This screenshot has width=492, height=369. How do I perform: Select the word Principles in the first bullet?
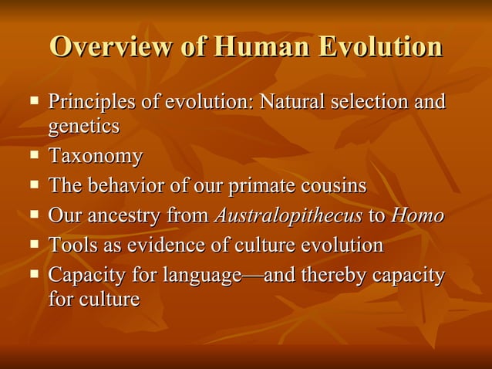(x=86, y=102)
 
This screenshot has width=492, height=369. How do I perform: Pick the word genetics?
(x=84, y=125)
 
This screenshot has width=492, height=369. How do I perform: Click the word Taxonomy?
(x=96, y=157)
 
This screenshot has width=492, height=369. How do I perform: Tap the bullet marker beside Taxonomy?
(x=34, y=155)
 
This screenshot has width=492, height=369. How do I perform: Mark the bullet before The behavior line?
(x=34, y=185)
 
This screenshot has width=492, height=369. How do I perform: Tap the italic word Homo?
(x=417, y=215)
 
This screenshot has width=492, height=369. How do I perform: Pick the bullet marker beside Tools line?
(x=34, y=245)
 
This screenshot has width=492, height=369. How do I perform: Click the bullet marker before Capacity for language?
(x=34, y=274)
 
